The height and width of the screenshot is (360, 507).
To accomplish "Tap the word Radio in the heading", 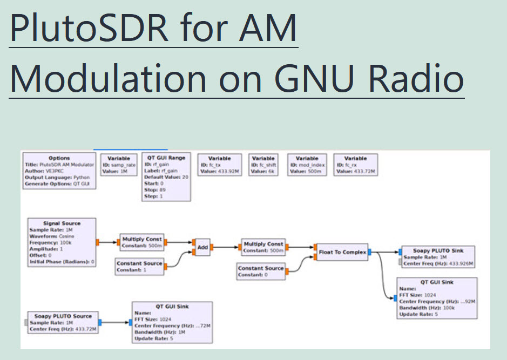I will (x=416, y=78).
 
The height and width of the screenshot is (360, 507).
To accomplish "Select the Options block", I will (x=59, y=172).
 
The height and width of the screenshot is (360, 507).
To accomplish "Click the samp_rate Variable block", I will (x=118, y=165).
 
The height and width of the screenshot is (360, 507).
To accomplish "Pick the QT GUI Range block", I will (x=166, y=177).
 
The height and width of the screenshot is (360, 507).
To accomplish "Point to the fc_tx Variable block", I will (x=220, y=165).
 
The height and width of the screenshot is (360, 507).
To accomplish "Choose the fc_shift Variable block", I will (x=263, y=165).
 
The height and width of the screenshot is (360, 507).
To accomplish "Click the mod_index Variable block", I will (x=307, y=165).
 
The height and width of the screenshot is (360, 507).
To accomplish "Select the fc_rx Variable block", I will (x=355, y=165).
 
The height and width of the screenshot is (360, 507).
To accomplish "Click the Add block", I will (x=202, y=247).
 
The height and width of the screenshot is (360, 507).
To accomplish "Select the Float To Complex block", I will (x=342, y=252).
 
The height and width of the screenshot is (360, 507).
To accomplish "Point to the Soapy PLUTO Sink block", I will (x=438, y=257).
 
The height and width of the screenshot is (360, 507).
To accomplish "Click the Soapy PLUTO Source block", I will (x=63, y=323).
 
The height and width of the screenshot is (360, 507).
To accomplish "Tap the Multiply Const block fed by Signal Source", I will (x=141, y=242).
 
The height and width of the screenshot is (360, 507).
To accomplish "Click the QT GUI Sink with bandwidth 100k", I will (x=436, y=298).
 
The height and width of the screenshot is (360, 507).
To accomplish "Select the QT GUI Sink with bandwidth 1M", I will (x=172, y=323).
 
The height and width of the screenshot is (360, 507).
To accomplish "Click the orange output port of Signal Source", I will (x=98, y=242).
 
